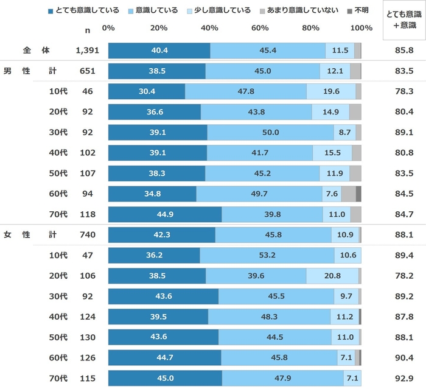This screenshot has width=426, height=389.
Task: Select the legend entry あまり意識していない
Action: (310, 10)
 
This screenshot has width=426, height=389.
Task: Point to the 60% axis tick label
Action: (260, 28)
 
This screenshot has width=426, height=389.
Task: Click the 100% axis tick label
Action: (362, 28)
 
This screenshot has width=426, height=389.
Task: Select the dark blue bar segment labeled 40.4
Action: (159, 51)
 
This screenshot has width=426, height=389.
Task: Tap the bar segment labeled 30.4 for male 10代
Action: (147, 91)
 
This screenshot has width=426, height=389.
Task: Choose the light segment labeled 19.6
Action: (331, 91)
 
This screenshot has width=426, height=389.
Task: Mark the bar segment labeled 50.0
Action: (270, 133)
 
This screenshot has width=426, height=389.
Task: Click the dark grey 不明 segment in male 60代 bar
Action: (358, 194)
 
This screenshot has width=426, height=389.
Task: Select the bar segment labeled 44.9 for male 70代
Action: (165, 215)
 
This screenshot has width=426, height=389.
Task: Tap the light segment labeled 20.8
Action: (332, 276)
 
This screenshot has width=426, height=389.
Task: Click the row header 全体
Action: (36, 51)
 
